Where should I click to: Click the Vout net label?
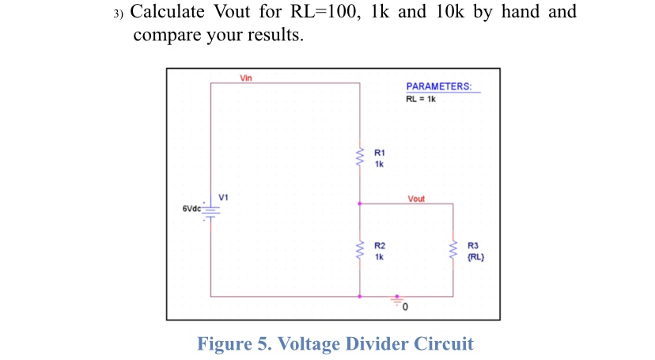pos(416,199)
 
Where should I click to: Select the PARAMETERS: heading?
pos(439,86)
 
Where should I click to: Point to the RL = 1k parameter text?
pos(421,99)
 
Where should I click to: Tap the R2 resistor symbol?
pos(360,251)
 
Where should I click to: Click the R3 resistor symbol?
pos(453,251)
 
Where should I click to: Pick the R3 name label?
pos(474,246)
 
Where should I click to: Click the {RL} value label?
pos(475,256)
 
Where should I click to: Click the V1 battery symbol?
pos(211,209)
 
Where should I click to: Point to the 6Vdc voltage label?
pos(191,209)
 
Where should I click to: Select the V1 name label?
pos(224,195)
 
